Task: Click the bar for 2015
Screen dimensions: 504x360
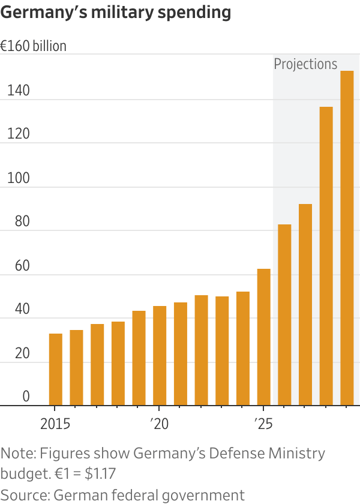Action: click(x=55, y=369)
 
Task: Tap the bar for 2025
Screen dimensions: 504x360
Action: click(x=263, y=337)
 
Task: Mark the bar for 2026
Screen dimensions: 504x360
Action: click(x=284, y=315)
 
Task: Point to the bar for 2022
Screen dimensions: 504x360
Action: click(x=201, y=350)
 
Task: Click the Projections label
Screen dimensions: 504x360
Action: click(x=305, y=64)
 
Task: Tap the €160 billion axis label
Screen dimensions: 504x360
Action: click(x=34, y=46)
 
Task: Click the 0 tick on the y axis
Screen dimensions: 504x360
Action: click(x=26, y=396)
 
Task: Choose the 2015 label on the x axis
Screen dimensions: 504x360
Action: click(x=55, y=424)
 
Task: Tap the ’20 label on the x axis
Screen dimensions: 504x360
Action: click(x=159, y=424)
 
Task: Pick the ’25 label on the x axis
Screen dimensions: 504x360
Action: click(x=263, y=424)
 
